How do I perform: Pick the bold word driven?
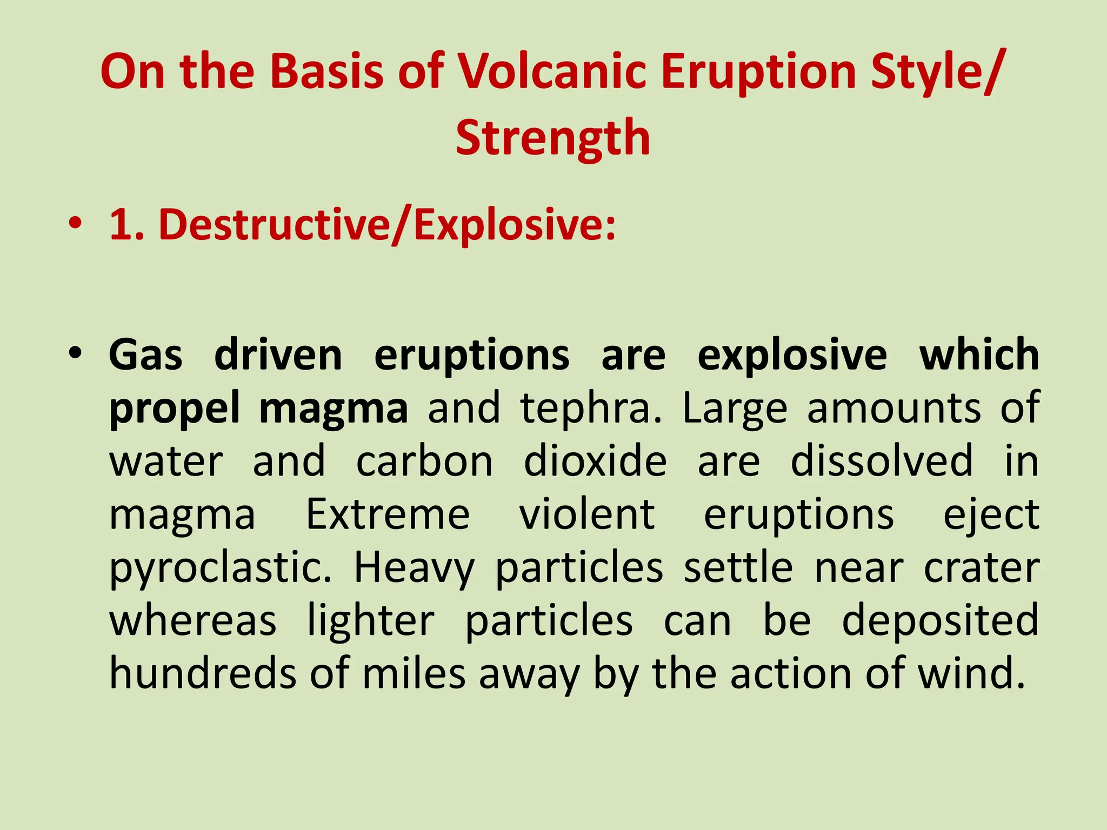tap(278, 355)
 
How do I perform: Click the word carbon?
tap(424, 461)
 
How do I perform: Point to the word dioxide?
tap(595, 461)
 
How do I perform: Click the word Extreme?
tap(388, 514)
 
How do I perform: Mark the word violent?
tap(587, 514)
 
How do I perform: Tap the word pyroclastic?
tap(221, 568)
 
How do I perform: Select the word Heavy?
tap(414, 568)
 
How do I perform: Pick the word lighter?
tap(371, 621)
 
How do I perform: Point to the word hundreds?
tap(203, 674)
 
